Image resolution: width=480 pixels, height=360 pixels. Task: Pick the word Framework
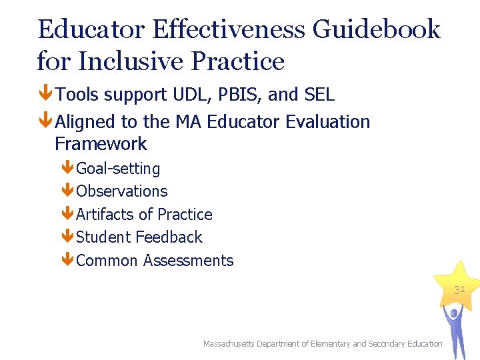coord(101,144)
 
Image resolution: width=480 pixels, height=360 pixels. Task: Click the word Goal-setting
coord(118,169)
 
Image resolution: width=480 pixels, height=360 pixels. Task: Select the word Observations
coord(122,191)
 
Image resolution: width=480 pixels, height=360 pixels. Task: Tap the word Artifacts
coord(105,215)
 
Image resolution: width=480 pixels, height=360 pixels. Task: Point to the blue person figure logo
coord(457,330)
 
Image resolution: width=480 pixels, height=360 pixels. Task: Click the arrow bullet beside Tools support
coord(46,95)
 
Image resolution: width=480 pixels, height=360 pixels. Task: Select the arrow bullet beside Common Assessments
coord(67,261)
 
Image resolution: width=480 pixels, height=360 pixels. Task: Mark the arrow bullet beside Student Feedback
coord(67,237)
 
